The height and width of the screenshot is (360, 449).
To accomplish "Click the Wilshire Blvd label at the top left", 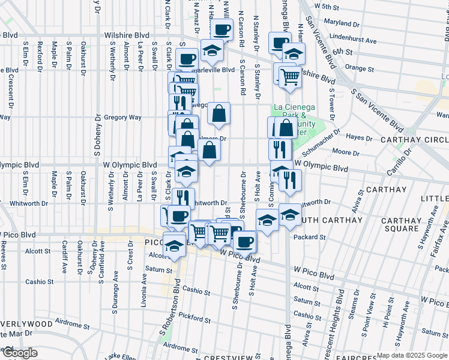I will pyautogui.click(x=126, y=35).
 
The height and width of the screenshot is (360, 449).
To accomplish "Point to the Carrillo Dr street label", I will pyautogui.click(x=398, y=161).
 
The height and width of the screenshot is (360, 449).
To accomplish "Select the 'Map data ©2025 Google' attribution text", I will pyautogui.click(x=412, y=355).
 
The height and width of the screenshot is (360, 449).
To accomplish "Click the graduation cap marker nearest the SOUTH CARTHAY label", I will pyautogui.click(x=291, y=215).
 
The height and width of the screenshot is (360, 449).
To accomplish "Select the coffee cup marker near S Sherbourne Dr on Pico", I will pyautogui.click(x=244, y=241).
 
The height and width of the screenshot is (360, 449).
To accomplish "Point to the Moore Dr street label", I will pyautogui.click(x=345, y=153).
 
